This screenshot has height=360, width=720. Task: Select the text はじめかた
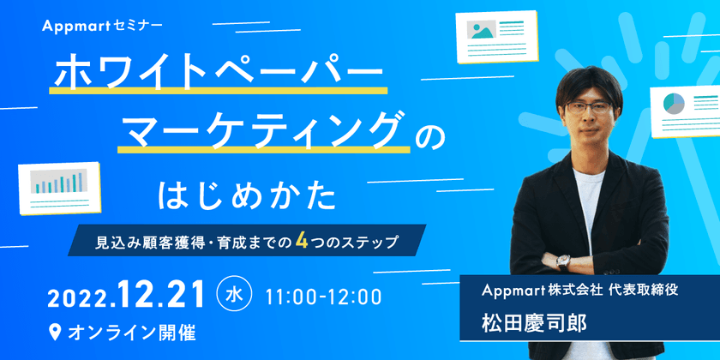[247, 195]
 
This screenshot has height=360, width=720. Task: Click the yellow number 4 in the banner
[302, 242]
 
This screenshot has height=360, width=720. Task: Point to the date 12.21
[163, 296]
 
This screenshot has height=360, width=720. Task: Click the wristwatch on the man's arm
[563, 261]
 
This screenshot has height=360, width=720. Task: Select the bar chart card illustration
[64, 186]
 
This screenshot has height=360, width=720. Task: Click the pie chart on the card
[672, 104]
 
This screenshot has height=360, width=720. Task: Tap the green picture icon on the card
[481, 30]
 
